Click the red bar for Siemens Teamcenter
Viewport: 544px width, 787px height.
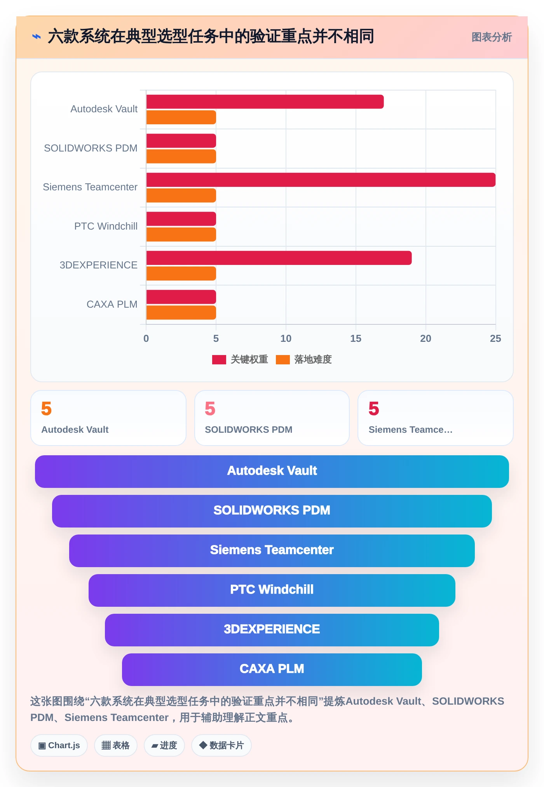coord(321,180)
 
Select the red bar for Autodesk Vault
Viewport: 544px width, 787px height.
coord(265,102)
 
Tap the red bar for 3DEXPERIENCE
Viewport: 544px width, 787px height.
coord(279,258)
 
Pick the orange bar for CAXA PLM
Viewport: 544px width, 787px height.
coord(181,313)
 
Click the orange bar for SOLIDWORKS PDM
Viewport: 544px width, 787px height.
coord(181,157)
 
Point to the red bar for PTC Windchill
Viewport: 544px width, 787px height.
coord(181,219)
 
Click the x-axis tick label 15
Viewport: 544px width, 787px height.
coord(356,339)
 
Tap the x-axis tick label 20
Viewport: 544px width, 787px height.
coord(425,339)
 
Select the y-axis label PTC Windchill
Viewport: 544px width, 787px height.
coord(106,226)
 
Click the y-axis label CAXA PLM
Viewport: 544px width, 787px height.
coord(112,304)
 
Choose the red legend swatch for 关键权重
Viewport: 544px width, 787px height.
coord(219,360)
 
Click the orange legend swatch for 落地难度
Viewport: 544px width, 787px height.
coord(283,360)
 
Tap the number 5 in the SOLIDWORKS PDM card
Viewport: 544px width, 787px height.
coord(210,409)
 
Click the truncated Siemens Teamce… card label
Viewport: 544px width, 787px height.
coord(411,430)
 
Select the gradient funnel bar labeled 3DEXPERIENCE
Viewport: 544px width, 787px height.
coord(272,630)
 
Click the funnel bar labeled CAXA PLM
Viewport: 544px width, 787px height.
coord(272,670)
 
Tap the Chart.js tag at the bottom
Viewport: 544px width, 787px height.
coord(59,745)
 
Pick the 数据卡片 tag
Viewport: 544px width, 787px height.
coord(221,745)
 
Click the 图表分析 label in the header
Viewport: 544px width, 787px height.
coord(492,37)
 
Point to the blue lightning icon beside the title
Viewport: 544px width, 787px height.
coord(37,37)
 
